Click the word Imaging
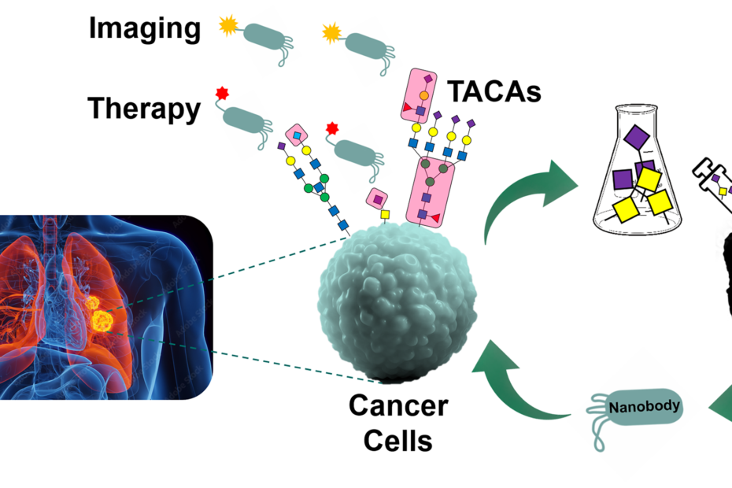click(144, 28)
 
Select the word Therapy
click(144, 108)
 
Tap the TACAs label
click(494, 92)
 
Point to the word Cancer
click(398, 406)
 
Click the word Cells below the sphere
click(398, 440)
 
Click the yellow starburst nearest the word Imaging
click(227, 28)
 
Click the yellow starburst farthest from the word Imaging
click(331, 33)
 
